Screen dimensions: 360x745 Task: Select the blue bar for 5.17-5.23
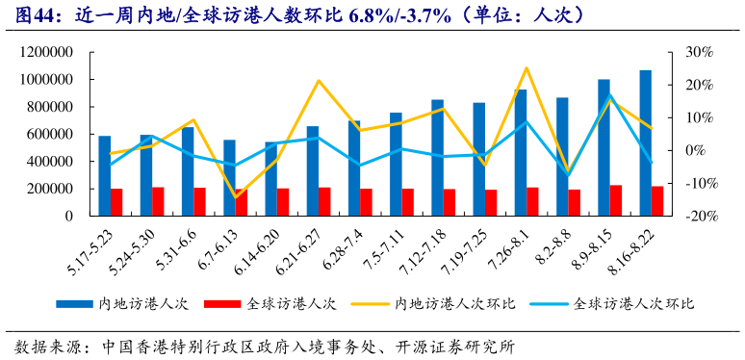click(104, 175)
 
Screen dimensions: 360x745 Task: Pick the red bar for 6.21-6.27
click(324, 201)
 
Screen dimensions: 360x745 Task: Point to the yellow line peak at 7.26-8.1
click(527, 68)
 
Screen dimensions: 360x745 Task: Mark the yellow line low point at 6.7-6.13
click(235, 197)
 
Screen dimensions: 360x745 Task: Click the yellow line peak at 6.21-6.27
click(319, 81)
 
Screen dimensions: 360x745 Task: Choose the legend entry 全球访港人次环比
click(634, 303)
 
